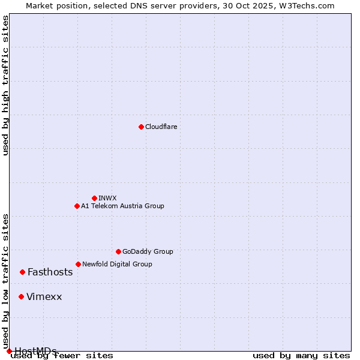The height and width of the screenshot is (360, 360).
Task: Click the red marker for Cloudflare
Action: (x=141, y=127)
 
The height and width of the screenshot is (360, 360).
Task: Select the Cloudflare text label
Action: (x=161, y=127)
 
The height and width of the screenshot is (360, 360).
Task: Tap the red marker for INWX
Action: (x=94, y=198)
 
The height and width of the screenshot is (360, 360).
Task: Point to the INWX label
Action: (x=107, y=198)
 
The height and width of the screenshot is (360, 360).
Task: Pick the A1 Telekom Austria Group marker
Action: (x=77, y=206)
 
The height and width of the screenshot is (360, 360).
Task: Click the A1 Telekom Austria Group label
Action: (x=122, y=206)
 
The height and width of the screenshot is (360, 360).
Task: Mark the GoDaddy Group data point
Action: (x=118, y=251)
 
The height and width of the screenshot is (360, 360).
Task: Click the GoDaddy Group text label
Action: (x=147, y=251)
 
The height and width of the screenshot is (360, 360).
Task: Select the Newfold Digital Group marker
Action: (x=78, y=264)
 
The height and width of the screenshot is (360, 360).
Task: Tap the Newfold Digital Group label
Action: (x=117, y=264)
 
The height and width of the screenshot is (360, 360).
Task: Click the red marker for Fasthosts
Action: (x=22, y=272)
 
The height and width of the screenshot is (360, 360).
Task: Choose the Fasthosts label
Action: (x=50, y=272)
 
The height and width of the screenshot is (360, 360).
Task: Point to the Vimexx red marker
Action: (x=21, y=296)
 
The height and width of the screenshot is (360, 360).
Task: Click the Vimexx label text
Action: (x=44, y=296)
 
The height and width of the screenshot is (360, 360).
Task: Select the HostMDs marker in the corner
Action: (x=9, y=351)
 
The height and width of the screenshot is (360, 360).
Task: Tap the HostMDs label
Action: (x=35, y=351)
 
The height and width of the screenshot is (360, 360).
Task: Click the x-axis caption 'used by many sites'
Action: (x=301, y=355)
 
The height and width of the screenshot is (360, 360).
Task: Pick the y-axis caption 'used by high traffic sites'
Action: (x=6, y=85)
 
